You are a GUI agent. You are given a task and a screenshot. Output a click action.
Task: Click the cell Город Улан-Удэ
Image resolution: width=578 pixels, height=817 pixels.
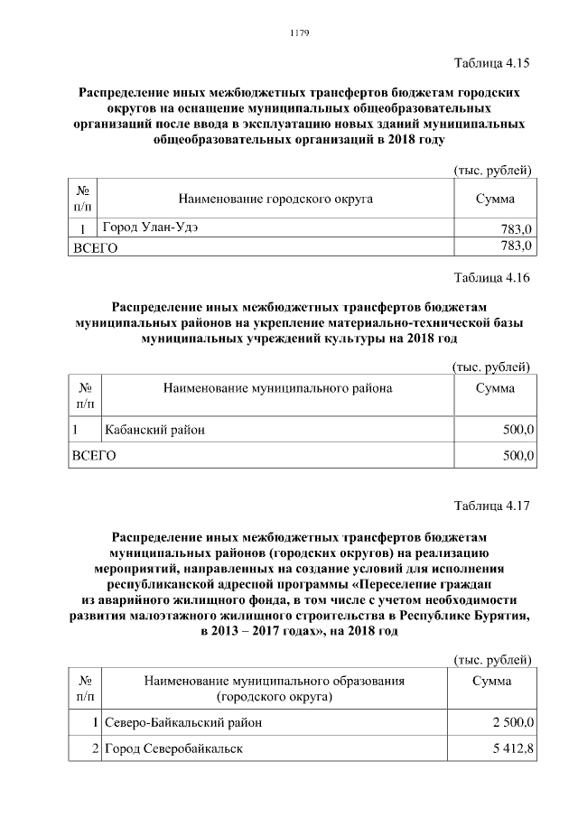pos(152,227)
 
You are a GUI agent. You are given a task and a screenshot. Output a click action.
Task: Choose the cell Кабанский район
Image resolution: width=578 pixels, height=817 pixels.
pos(154,430)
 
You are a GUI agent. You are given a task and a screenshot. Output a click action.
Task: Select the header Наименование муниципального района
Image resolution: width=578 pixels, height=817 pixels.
pos(277,387)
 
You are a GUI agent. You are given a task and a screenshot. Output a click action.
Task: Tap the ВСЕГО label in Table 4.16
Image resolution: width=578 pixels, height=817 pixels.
pos(94,457)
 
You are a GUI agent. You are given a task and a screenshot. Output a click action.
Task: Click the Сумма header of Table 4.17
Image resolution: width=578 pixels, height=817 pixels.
pos(493,681)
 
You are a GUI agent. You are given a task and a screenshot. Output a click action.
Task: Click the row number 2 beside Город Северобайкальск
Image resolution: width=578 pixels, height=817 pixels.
pos(94,749)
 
